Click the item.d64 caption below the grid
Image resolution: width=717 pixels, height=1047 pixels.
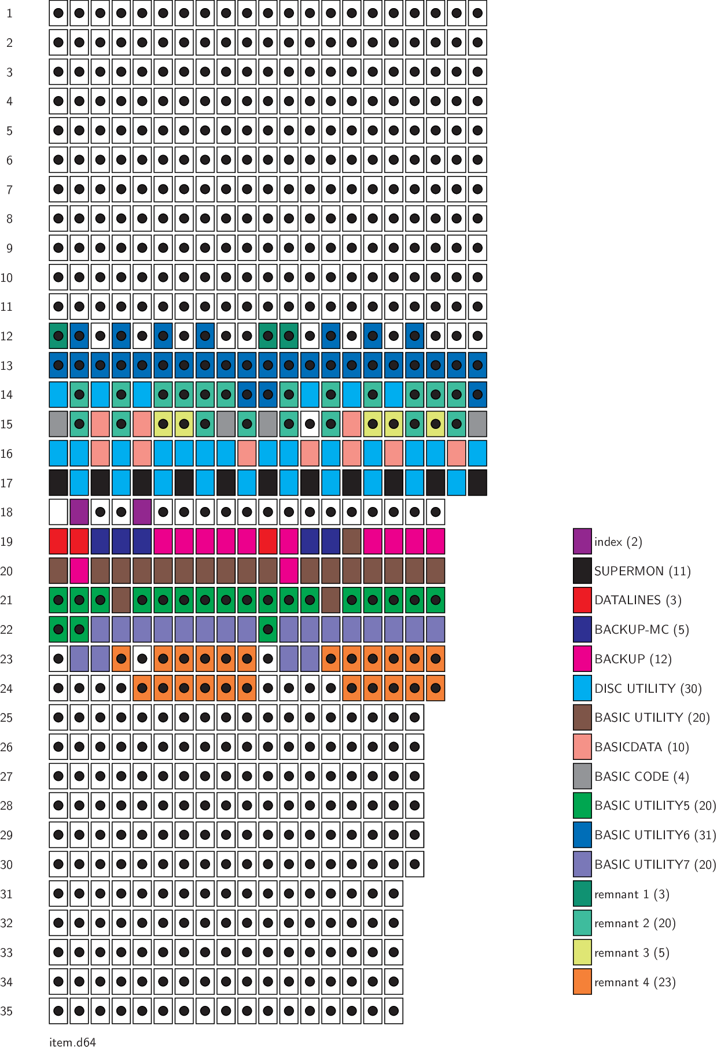point(72,1042)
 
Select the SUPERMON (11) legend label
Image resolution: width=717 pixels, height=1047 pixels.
point(642,571)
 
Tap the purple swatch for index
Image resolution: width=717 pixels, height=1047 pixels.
point(582,541)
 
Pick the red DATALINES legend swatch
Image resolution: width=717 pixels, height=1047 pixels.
point(582,600)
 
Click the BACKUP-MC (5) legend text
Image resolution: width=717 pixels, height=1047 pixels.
point(641,630)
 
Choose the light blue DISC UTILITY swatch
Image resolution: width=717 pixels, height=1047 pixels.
point(582,688)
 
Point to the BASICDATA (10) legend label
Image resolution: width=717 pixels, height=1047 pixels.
point(641,747)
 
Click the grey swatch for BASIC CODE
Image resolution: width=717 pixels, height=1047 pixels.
point(582,776)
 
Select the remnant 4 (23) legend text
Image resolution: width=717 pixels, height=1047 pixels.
point(635,982)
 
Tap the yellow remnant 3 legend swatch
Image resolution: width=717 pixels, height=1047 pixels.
point(582,953)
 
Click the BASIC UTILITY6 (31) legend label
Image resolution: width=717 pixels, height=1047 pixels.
point(655,835)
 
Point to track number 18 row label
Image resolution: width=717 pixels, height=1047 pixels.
point(7,512)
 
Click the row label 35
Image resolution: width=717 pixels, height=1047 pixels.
point(7,1011)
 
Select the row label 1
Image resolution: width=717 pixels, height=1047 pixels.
point(9,13)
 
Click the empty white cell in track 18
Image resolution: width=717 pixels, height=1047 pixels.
point(58,512)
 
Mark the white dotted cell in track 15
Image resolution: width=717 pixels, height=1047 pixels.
point(310,424)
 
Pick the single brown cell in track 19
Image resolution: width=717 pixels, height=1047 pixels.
point(351,542)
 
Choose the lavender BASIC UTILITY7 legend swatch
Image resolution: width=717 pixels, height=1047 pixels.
point(582,864)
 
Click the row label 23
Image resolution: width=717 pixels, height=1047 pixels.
point(7,659)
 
